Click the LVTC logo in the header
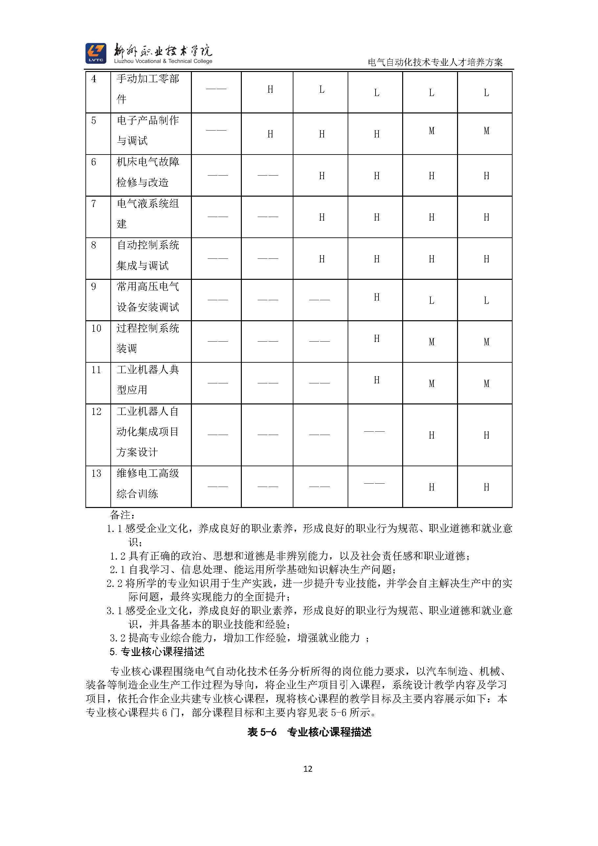tap(96, 53)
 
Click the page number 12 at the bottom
tap(308, 769)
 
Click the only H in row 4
tap(270, 89)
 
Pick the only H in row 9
tap(376, 297)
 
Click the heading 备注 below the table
tap(122, 515)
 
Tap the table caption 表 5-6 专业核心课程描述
tap(309, 732)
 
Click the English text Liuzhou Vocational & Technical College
tap(163, 61)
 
